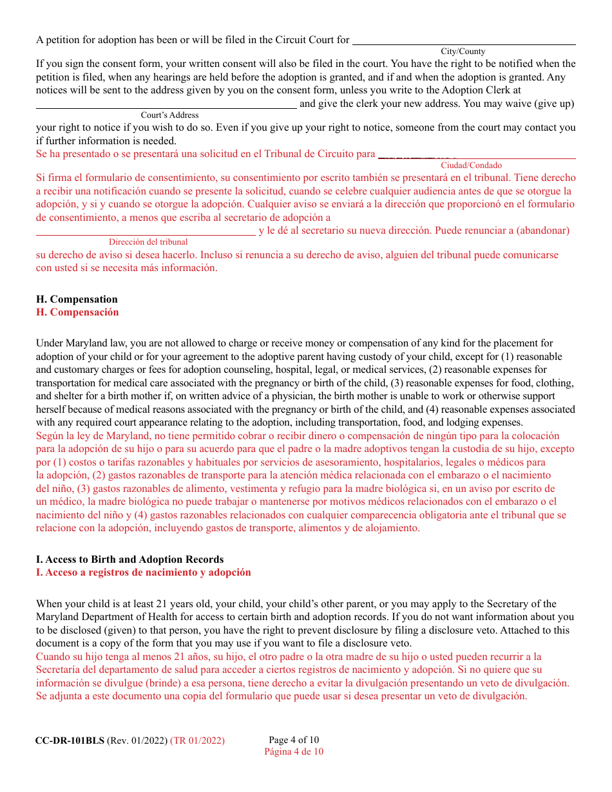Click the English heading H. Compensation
click(x=77, y=299)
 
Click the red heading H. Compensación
click(x=77, y=312)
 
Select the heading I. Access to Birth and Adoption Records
click(x=129, y=560)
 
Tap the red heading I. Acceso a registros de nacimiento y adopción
click(x=143, y=572)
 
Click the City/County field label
click(x=463, y=52)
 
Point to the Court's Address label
click(x=170, y=115)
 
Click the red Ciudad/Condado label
click(x=471, y=165)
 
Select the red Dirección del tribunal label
click(x=148, y=242)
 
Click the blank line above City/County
click(x=464, y=43)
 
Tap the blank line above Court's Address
click(x=166, y=106)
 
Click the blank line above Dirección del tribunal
click(x=146, y=234)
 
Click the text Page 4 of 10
click(x=293, y=740)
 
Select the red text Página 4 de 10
click(x=294, y=751)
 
